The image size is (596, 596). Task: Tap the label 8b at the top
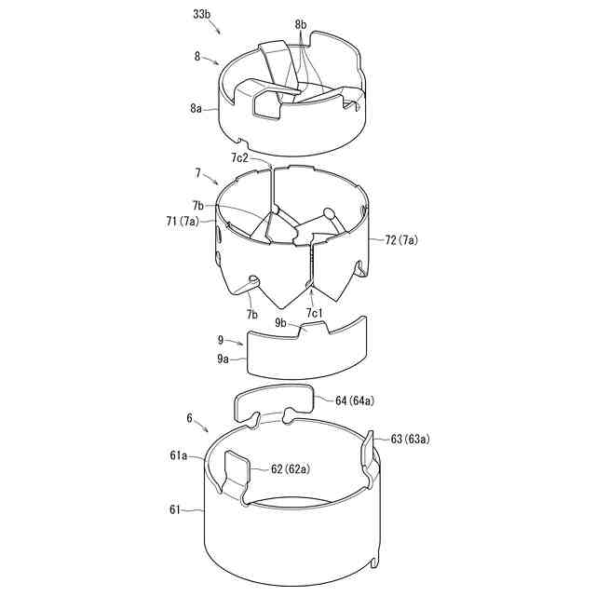click(300, 22)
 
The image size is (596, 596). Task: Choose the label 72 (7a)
click(401, 240)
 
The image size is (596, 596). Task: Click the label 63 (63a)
click(409, 439)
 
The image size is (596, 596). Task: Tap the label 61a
click(179, 455)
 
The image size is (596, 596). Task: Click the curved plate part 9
click(307, 349)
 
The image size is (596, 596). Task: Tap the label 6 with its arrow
click(190, 420)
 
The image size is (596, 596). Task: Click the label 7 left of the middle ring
click(197, 173)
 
